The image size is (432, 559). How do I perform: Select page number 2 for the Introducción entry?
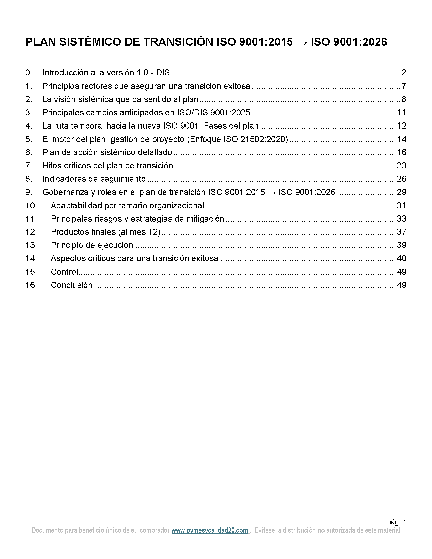(404, 73)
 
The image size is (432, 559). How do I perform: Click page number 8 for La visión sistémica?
(404, 99)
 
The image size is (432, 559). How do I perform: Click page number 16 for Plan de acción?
(401, 152)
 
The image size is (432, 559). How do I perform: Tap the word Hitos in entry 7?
(52, 166)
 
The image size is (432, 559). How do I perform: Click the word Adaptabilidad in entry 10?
(76, 206)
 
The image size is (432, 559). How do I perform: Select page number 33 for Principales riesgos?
(401, 219)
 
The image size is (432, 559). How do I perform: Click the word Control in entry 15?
(64, 272)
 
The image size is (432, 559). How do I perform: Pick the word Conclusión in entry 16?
(72, 285)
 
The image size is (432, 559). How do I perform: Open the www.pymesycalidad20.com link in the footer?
(209, 530)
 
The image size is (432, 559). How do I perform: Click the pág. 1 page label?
(396, 522)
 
